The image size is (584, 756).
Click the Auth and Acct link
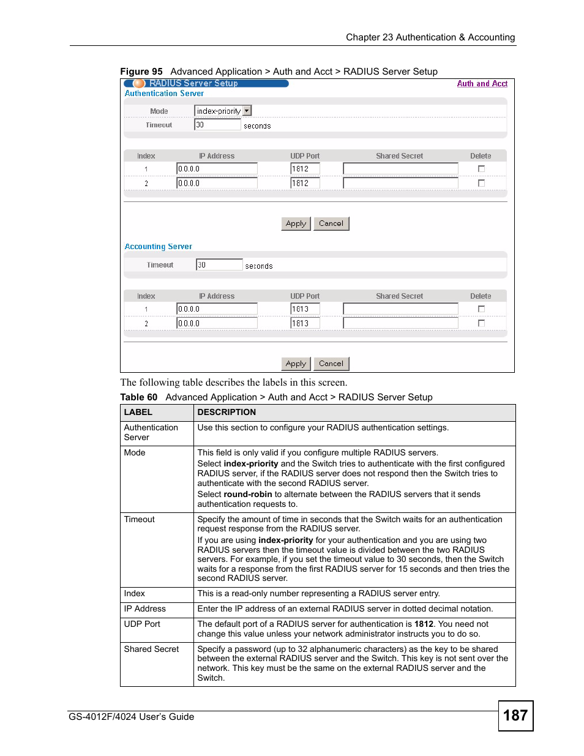click(x=482, y=84)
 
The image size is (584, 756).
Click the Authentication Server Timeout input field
click(x=217, y=125)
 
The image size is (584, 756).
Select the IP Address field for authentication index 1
click(x=217, y=169)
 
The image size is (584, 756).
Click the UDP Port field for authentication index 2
click(x=305, y=183)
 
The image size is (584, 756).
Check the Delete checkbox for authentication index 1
click(x=481, y=169)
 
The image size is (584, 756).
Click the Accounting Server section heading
click(x=158, y=247)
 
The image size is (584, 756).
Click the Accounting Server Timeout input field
click(x=219, y=265)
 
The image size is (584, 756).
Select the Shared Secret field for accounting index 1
click(x=400, y=309)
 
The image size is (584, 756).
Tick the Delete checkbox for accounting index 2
click(x=481, y=323)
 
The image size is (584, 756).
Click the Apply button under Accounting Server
click(x=296, y=364)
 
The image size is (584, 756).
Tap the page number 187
click(x=515, y=716)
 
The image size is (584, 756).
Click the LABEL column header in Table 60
click(x=138, y=413)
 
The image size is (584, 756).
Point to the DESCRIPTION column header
click(x=226, y=413)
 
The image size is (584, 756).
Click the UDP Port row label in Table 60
click(x=142, y=624)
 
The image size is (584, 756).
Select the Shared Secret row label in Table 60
click(x=151, y=649)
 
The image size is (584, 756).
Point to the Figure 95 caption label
click(x=141, y=72)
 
